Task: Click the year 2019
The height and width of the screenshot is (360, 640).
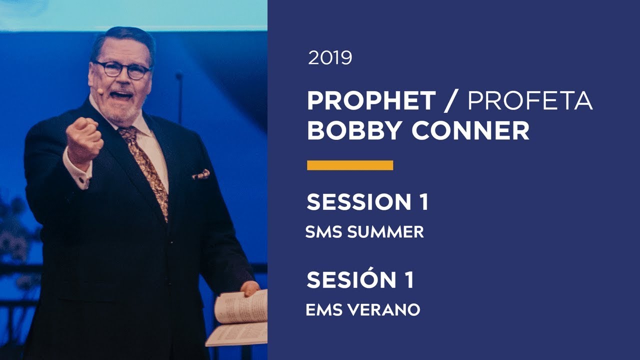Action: pos(330,58)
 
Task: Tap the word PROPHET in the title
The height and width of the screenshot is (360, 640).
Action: pos(371,101)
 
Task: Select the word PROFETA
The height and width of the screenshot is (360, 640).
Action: pos(529,101)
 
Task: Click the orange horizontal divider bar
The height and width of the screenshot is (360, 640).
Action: pos(349,165)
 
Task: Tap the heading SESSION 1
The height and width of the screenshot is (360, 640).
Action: pos(367,201)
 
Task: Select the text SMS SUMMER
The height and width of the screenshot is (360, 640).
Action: pos(364,232)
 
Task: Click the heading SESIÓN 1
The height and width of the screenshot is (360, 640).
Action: pos(360,280)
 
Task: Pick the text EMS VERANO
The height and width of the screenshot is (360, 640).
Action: pos(362,310)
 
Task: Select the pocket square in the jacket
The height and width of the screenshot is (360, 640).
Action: pos(201,174)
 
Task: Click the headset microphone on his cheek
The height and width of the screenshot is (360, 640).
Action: pos(99,91)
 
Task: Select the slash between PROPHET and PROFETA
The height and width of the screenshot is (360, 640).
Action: pos(451,101)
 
